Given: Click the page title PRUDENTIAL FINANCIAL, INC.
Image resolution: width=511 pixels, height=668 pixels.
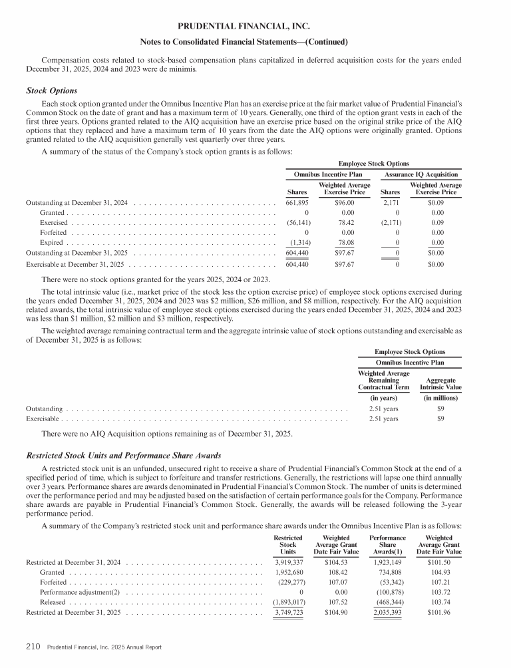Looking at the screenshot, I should (244, 27).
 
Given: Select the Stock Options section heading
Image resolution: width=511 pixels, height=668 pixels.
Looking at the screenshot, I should (51, 90).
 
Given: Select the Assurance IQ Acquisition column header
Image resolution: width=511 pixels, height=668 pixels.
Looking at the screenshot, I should (421, 174).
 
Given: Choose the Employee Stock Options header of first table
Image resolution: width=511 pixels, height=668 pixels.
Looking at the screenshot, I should (374, 162).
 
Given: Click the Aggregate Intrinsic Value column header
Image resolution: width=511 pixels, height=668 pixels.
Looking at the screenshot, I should (440, 383).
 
